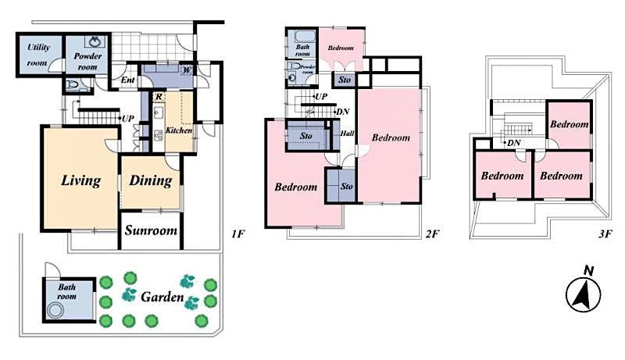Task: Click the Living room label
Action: click(81, 181)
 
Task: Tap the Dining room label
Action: click(150, 181)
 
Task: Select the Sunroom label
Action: click(151, 231)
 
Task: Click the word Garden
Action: click(162, 298)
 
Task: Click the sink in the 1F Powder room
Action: click(95, 41)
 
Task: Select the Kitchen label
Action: click(178, 130)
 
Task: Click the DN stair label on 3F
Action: click(514, 143)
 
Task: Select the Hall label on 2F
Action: click(348, 134)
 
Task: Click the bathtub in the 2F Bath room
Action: click(302, 35)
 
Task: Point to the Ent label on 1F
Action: click(127, 80)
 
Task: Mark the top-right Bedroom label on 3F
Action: click(568, 124)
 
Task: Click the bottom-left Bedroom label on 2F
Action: click(296, 187)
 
